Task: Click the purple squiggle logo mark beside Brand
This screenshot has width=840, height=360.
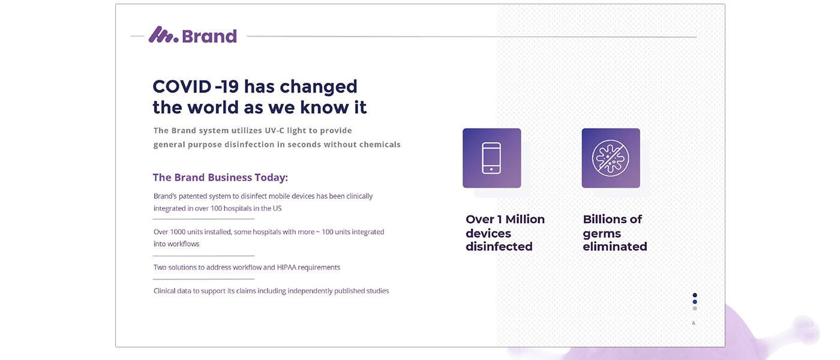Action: click(x=163, y=35)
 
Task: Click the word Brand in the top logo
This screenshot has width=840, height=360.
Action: click(x=209, y=37)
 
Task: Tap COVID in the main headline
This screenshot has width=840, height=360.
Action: click(x=182, y=86)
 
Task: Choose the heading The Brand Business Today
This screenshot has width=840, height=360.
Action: click(x=220, y=178)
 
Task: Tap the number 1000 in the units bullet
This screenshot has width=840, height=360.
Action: click(x=178, y=232)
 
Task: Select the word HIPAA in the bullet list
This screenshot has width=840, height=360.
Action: click(x=287, y=268)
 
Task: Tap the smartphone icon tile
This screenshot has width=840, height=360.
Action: click(x=491, y=158)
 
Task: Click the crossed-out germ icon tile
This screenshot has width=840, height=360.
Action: click(x=611, y=158)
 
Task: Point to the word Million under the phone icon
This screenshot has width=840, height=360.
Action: click(x=525, y=219)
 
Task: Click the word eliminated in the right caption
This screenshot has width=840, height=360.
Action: click(x=615, y=247)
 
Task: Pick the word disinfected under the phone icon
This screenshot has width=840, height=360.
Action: click(x=499, y=247)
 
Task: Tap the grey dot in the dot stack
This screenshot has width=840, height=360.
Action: click(x=695, y=308)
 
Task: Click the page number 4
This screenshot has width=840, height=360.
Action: click(x=694, y=323)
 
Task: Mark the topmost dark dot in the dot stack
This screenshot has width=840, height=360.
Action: click(x=695, y=295)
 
